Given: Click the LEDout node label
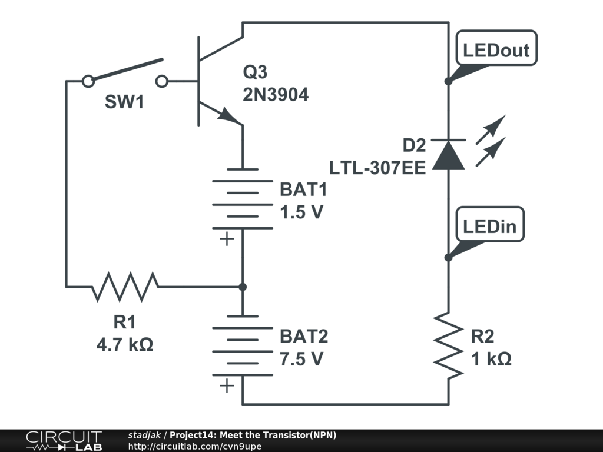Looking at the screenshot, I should [x=496, y=50].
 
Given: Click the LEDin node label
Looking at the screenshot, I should [x=493, y=227].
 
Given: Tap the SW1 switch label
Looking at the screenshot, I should [x=124, y=102].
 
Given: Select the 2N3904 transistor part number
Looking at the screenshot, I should [x=276, y=94].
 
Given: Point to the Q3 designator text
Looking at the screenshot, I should [x=255, y=72].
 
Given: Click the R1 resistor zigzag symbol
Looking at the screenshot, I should [x=125, y=287].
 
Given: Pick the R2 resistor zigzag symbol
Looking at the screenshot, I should [x=448, y=345].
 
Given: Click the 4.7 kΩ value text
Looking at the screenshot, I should [x=125, y=344].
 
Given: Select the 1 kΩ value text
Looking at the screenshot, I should [x=491, y=358].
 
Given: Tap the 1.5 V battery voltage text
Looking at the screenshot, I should [x=301, y=212].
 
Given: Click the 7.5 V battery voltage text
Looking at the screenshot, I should [x=301, y=358].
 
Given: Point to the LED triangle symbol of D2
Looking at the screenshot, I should [x=448, y=156].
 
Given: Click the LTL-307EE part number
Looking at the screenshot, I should [x=377, y=168].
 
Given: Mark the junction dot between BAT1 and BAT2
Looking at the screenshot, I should [x=242, y=287].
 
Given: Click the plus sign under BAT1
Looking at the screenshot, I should [x=226, y=240].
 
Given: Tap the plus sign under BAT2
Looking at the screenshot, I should [x=226, y=386].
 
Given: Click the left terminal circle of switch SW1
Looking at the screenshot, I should [x=88, y=81].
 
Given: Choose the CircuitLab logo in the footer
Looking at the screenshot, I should [x=64, y=440].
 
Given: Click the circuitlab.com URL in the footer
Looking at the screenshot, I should [x=195, y=446].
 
